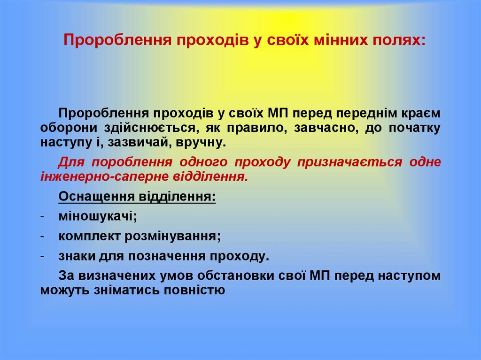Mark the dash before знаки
(42, 256)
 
